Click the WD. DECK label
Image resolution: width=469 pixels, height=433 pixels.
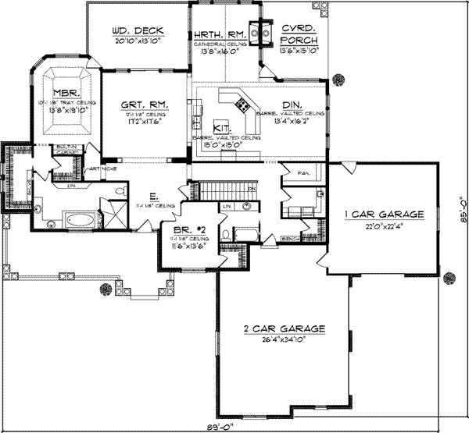(x=136, y=32)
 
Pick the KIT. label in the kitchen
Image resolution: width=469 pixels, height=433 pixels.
(x=221, y=126)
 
